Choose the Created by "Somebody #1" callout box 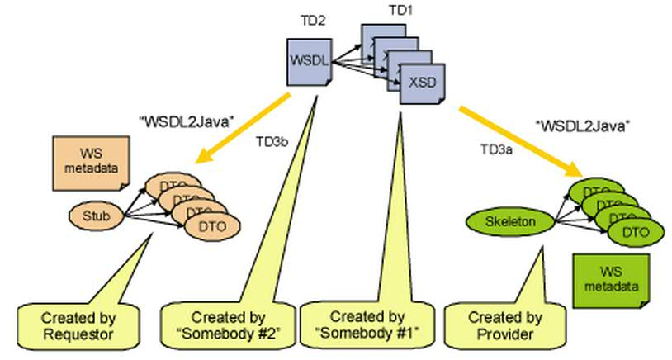367,324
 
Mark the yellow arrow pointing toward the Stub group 239,124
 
